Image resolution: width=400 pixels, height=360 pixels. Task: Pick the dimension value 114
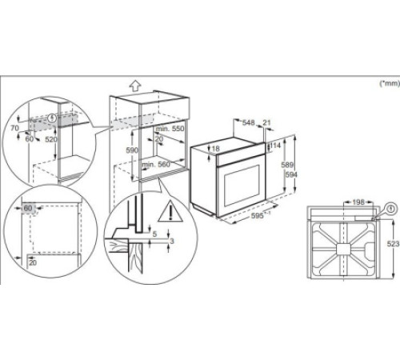point(274,147)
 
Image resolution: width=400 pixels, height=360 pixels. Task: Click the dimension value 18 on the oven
point(215,149)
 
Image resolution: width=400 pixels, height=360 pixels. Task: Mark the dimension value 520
point(51,139)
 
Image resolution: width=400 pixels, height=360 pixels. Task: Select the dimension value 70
point(13,127)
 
